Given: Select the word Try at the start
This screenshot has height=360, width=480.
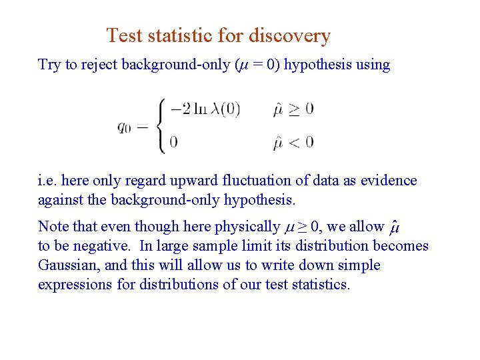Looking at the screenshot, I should click(49, 65).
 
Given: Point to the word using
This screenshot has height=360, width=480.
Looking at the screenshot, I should click(373, 65).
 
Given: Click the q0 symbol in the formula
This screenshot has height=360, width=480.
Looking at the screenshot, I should click(124, 127).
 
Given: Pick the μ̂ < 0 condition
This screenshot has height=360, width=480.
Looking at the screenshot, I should click(293, 141).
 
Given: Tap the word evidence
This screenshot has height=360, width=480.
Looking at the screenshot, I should click(389, 181).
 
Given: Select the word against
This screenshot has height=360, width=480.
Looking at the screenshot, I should click(59, 200).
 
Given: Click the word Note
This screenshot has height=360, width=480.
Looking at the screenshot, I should click(52, 227).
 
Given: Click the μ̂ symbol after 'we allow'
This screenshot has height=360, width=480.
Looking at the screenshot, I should click(394, 227).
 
